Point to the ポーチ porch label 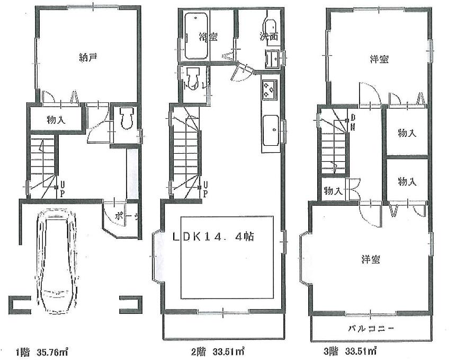[x=127, y=216]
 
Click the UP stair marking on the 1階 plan [x=62, y=188]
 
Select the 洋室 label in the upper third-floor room [x=379, y=60]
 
